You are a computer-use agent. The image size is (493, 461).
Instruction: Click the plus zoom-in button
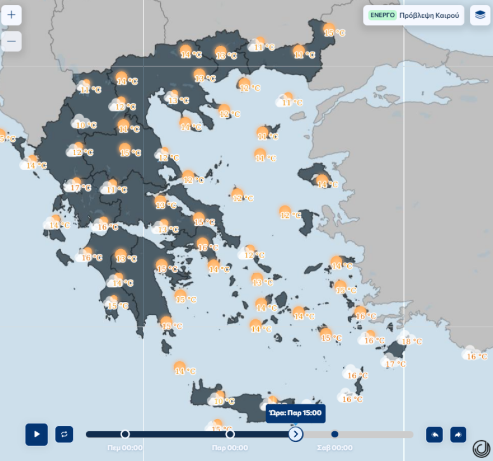coord(11,15)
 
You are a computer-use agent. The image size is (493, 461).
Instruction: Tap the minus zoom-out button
coord(11,41)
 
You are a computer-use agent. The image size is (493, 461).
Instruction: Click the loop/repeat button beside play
coord(64,434)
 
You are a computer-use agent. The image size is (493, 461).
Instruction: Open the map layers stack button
coord(480,15)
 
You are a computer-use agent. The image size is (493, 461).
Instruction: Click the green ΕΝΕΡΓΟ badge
coord(383,15)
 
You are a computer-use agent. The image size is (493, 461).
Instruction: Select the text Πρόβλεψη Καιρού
coord(429,15)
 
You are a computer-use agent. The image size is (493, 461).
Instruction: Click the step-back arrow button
coord(434,434)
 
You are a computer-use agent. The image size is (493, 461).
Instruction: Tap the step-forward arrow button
coord(458,434)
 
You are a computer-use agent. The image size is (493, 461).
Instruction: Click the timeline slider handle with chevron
coord(296,434)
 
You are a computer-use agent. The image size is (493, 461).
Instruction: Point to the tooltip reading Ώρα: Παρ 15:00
coord(295,413)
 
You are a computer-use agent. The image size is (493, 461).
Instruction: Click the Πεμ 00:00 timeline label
coord(125,448)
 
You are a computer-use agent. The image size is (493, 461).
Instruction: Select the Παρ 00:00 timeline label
coord(230,448)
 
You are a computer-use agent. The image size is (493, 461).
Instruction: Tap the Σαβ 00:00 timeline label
coord(335,448)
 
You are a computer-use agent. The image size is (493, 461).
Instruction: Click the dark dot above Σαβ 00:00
coord(334,434)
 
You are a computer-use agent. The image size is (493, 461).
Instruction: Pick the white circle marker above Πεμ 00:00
coord(125,434)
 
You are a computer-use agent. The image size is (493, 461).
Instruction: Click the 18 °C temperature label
coord(412,341)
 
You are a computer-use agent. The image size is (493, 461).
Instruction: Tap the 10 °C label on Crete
coord(224,401)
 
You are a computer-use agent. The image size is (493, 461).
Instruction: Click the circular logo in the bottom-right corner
coord(481,449)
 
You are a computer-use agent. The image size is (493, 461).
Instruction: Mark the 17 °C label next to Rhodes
coord(396,364)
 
